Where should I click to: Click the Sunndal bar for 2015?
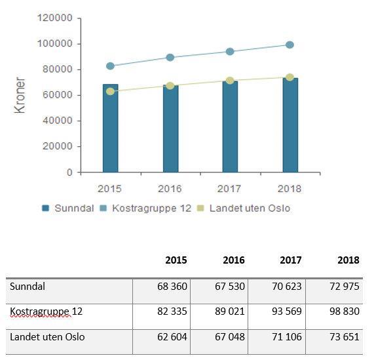click(x=111, y=128)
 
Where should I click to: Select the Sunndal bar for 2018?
click(x=290, y=125)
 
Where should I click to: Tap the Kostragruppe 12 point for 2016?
click(x=170, y=58)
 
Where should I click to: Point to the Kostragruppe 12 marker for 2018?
click(x=290, y=45)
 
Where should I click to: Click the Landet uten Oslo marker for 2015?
click(x=110, y=91)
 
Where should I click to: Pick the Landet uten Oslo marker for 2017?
click(x=230, y=81)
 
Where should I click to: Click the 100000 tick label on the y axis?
click(x=54, y=44)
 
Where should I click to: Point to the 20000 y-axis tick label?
click(x=57, y=146)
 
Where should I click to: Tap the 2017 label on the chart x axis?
click(x=229, y=189)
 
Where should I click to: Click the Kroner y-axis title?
click(x=20, y=95)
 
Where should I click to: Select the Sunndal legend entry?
click(x=68, y=208)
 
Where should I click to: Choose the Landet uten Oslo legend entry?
click(x=244, y=208)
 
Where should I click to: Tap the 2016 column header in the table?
click(x=234, y=260)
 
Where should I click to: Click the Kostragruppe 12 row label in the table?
click(x=46, y=311)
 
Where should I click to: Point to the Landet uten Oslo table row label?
click(x=47, y=337)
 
